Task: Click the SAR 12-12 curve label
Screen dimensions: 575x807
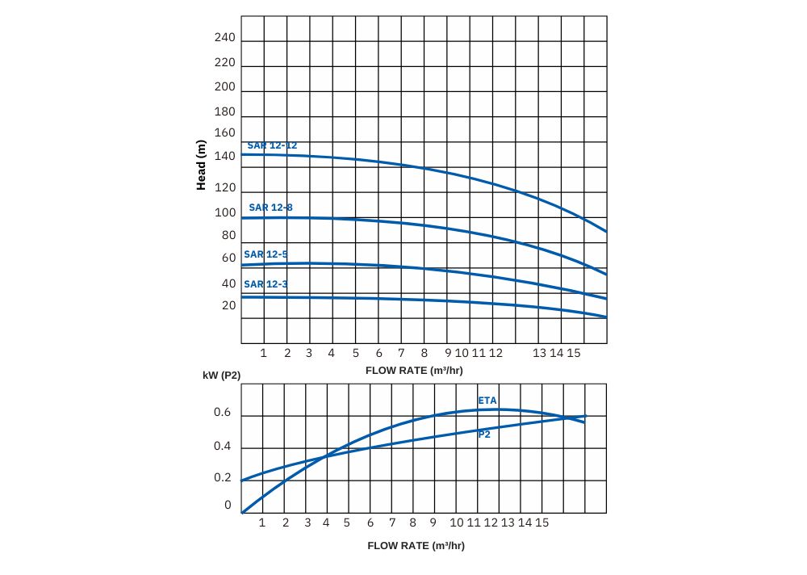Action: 272,145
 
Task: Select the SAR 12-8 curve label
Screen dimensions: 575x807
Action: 270,208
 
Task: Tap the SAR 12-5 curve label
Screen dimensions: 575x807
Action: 266,254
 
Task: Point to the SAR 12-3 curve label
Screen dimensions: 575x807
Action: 266,284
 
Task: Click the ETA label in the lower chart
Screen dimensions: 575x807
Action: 487,401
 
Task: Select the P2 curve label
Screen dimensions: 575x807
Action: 484,434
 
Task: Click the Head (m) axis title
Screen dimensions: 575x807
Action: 202,166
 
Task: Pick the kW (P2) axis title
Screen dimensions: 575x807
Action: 222,376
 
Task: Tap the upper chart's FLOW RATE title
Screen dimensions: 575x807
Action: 414,370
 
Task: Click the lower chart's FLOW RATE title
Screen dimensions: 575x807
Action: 416,545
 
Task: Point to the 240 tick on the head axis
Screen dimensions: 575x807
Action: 225,38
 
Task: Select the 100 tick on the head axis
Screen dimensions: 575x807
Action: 225,212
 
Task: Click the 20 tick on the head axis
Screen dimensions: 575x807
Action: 229,305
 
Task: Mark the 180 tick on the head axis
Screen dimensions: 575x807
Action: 225,111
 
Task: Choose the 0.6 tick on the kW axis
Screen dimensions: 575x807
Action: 223,413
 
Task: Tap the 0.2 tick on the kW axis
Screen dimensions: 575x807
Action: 223,477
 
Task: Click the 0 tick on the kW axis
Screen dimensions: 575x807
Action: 228,506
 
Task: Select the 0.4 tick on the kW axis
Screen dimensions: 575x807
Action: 223,447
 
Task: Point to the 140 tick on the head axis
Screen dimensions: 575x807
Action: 225,156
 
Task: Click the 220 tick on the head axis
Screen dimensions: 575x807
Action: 225,62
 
